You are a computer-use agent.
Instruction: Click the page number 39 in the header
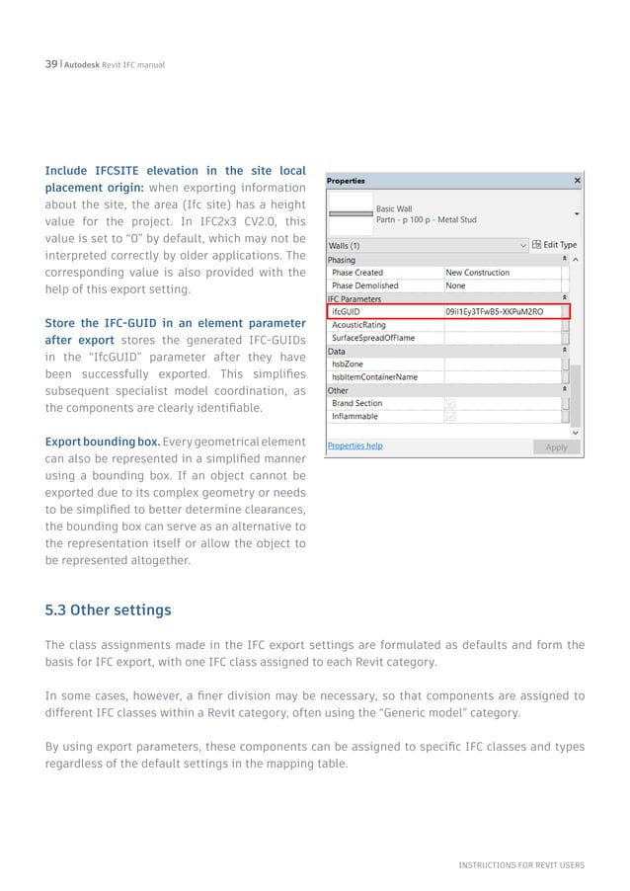(50, 64)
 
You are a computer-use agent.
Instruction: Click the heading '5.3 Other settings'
(109, 609)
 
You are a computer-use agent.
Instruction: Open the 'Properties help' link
(354, 445)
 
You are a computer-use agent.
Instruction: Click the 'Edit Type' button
(554, 244)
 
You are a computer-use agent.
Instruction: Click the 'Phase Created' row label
(357, 273)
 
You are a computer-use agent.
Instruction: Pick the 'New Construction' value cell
(478, 273)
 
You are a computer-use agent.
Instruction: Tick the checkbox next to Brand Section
(450, 403)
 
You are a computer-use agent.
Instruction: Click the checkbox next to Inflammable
(450, 416)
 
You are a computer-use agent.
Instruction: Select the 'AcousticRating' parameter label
(359, 324)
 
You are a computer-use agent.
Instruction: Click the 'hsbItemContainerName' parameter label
(374, 376)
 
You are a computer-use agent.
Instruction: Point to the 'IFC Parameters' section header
(354, 298)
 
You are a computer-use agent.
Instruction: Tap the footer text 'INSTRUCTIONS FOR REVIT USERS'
(520, 865)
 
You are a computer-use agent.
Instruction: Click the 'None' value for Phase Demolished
(456, 285)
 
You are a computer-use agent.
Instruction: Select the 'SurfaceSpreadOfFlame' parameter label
(373, 338)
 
